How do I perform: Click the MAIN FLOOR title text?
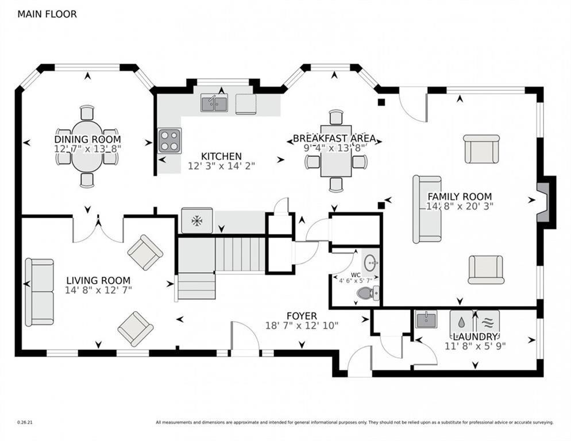[47, 14]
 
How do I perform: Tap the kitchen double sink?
[214, 103]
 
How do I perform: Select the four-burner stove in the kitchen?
[169, 141]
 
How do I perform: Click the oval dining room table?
[87, 146]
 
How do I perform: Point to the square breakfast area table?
[335, 151]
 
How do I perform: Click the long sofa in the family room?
[427, 210]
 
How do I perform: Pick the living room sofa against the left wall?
[39, 292]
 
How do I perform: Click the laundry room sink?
[427, 320]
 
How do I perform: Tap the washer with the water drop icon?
[461, 322]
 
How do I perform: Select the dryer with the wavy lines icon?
[488, 322]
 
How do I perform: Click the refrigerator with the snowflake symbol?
[197, 220]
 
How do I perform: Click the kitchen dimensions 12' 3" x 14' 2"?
[221, 166]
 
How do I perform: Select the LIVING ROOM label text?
[98, 280]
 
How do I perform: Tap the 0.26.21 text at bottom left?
[25, 423]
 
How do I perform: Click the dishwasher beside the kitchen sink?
[246, 104]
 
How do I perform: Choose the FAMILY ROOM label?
[460, 196]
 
